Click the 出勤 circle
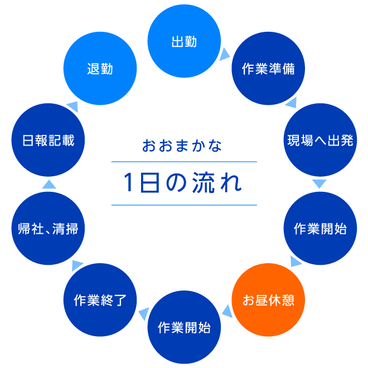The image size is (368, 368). point(184,42)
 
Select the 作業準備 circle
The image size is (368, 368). point(268,69)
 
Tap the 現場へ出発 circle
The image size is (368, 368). point(320,140)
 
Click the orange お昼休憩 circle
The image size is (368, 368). point(268,300)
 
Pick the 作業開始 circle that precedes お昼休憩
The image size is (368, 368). point(320,229)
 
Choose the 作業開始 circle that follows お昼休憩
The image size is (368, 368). point(184,327)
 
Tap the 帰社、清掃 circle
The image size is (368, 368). point(48,229)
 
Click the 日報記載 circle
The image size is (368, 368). point(48,140)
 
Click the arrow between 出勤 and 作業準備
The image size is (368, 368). point(224,54)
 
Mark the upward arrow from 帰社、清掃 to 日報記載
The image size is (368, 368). point(49,184)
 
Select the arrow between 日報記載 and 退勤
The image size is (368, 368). point(72,104)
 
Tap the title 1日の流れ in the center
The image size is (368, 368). point(183,183)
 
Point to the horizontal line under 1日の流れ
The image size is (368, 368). point(184,205)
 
